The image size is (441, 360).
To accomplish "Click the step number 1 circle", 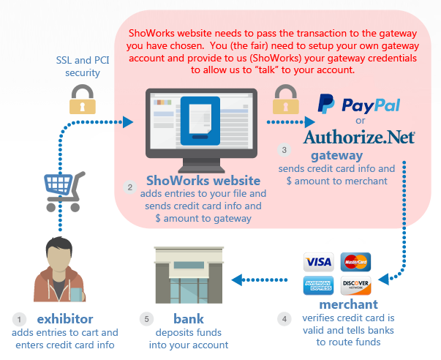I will click(x=20, y=319).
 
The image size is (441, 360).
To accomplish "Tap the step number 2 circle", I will click(x=130, y=188).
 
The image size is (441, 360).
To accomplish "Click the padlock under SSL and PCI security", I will click(x=83, y=100).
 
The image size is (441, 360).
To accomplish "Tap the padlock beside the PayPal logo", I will click(x=284, y=99).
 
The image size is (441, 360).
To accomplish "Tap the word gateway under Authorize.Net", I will click(x=336, y=155).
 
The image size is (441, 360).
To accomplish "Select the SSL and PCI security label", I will click(x=83, y=66).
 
